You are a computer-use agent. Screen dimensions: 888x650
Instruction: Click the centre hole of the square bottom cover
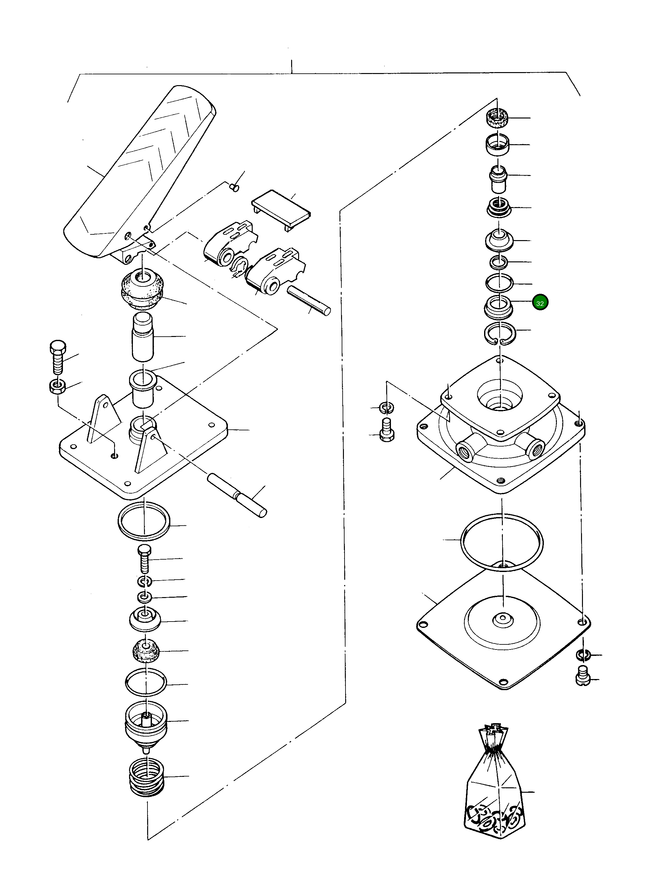click(503, 620)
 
